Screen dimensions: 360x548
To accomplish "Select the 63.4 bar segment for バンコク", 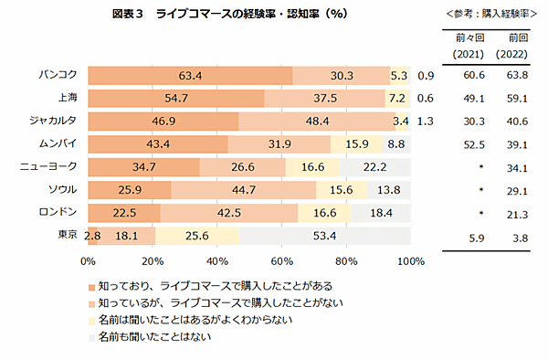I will click(190, 76).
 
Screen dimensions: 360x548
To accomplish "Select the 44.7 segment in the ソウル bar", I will click(244, 190).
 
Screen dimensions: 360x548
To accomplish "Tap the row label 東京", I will click(67, 235).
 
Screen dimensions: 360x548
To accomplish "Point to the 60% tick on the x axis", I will click(282, 260).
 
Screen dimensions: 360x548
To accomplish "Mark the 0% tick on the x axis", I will click(89, 260).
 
